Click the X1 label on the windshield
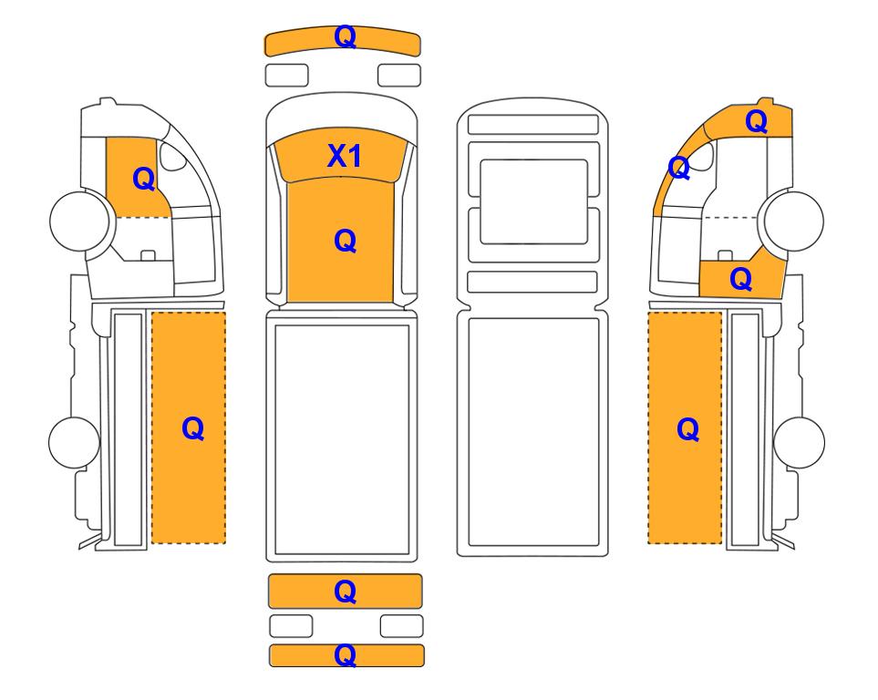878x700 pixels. (344, 156)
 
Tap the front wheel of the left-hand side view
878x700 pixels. (79, 221)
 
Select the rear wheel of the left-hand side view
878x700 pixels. (74, 442)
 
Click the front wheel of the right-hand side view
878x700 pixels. (794, 221)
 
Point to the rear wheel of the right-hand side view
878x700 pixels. (799, 442)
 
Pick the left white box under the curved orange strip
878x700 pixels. (286, 75)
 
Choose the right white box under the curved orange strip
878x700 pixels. (399, 75)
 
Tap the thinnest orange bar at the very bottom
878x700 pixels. (346, 655)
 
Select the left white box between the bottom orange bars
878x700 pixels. (291, 626)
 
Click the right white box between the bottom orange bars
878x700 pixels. (401, 626)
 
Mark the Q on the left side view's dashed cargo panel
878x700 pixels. (192, 429)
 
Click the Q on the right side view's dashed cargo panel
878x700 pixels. (687, 429)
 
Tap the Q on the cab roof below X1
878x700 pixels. (345, 242)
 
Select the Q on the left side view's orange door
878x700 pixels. (143, 180)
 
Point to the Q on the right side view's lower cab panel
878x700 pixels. (740, 279)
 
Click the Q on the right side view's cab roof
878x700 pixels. (756, 121)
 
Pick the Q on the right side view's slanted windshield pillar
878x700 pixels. (678, 168)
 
